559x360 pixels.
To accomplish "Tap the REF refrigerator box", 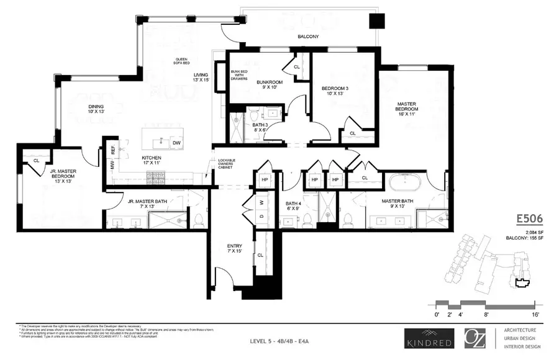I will coord(112,148).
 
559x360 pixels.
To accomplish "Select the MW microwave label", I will coord(112,165).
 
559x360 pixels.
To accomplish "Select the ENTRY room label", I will coord(235,249).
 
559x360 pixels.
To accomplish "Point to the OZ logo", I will coord(476,338).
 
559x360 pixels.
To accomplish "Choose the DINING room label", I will coord(96,109).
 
